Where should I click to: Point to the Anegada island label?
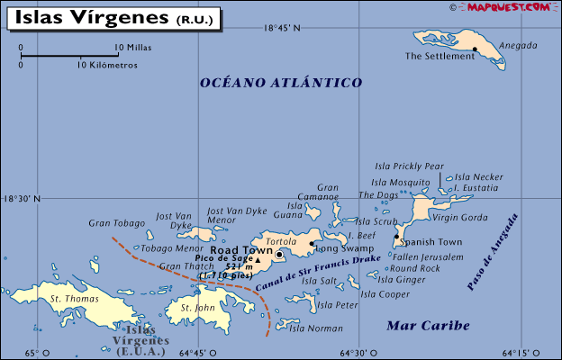[519, 46]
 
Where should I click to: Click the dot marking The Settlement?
[475, 49]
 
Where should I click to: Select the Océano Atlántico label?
[281, 82]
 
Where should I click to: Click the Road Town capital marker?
[279, 255]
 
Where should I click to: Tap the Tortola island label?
[282, 242]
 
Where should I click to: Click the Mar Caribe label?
[428, 325]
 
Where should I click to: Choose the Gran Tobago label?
[116, 223]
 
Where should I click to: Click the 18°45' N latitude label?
[282, 28]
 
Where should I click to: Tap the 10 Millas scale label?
[132, 47]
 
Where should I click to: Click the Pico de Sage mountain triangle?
[258, 260]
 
